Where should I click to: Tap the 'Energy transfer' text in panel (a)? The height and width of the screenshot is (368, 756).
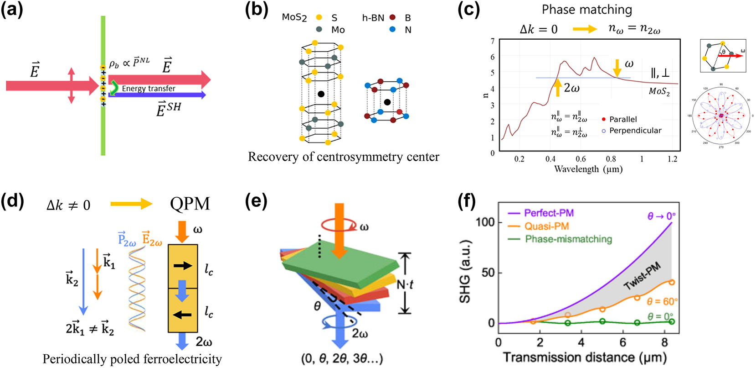(148, 89)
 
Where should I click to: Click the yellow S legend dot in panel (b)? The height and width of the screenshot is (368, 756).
(319, 18)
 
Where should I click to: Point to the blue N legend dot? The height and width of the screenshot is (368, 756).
(392, 30)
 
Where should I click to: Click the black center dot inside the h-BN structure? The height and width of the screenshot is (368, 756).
(387, 102)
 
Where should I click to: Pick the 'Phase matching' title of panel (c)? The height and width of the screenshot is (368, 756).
(586, 10)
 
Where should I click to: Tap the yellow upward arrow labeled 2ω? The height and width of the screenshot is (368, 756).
(557, 87)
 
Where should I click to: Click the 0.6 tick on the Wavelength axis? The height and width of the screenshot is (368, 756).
(581, 159)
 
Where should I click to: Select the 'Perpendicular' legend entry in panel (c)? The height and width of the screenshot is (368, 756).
(635, 131)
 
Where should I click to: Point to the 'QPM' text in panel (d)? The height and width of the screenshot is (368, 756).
(190, 204)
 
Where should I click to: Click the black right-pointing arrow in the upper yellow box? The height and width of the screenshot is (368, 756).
(183, 265)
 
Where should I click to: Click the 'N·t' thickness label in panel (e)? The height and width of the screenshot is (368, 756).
(404, 284)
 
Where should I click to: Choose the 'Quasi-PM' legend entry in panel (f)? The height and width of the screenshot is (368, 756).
(546, 226)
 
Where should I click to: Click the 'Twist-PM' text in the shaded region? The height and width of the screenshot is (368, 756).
(642, 277)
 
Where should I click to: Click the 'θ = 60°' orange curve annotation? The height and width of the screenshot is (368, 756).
(662, 302)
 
